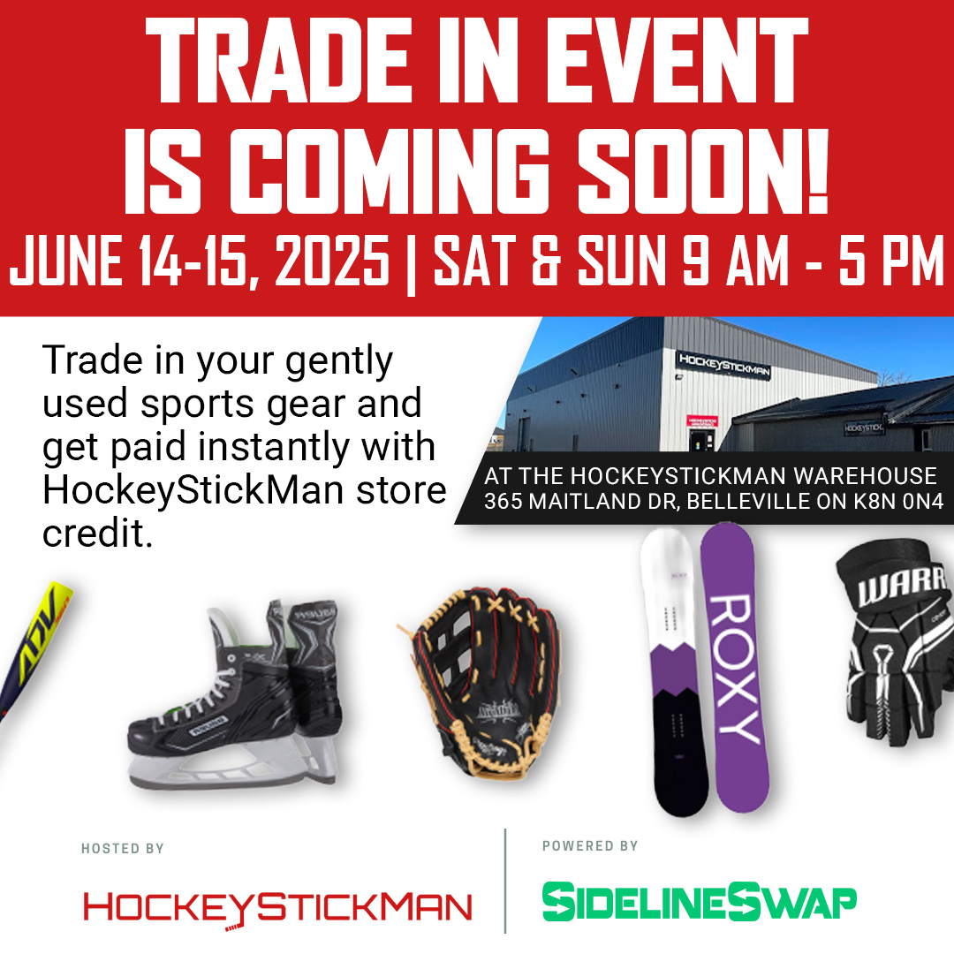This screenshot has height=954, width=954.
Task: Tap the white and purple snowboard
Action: [x=668, y=671]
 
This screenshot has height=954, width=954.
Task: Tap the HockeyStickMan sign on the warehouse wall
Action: [x=723, y=365]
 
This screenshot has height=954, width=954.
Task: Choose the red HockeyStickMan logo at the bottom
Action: [x=277, y=907]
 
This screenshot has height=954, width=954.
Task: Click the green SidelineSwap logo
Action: [x=699, y=902]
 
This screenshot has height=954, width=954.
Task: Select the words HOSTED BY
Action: [x=123, y=849]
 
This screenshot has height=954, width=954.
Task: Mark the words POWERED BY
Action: [x=589, y=846]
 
